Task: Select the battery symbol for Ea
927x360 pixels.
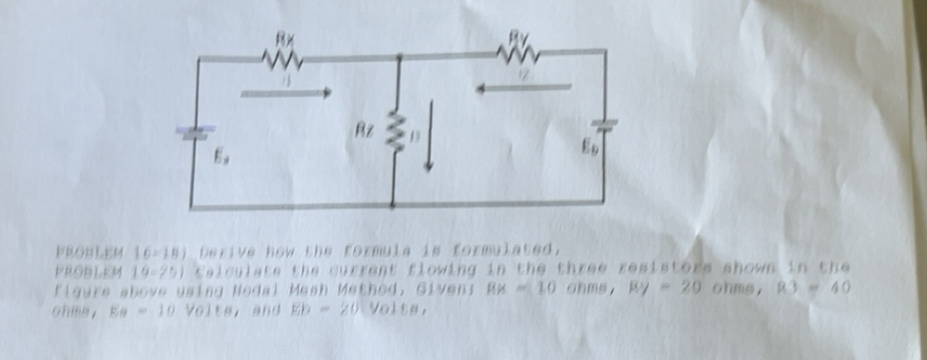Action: click(190, 132)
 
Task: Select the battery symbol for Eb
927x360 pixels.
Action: click(604, 124)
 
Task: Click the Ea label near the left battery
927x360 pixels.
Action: click(218, 157)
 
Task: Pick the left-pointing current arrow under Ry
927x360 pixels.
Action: click(524, 89)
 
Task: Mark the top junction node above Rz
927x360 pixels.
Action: click(399, 56)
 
